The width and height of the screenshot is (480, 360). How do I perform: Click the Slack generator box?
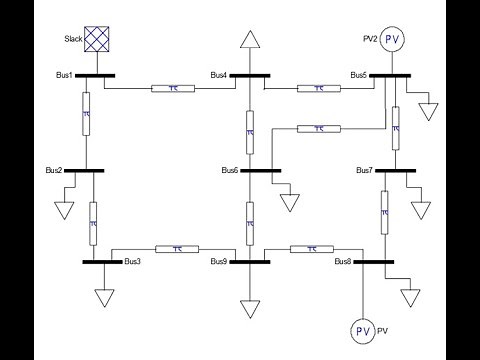96,39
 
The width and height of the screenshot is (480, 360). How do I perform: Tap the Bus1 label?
65,75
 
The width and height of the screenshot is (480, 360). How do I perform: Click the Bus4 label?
219,75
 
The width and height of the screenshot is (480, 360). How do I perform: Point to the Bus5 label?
359,75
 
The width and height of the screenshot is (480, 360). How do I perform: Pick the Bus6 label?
230,171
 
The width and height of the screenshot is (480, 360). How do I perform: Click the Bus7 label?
365,171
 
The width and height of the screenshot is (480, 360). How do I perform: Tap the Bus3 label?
132,262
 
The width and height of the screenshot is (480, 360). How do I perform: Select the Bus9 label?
220,262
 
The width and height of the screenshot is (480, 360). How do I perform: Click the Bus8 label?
343,262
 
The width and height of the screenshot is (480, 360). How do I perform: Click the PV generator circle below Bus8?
363,330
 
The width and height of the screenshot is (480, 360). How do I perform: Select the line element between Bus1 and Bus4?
173,88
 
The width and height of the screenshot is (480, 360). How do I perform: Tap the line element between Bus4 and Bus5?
317,88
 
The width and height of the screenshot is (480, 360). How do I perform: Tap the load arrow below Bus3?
103,297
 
